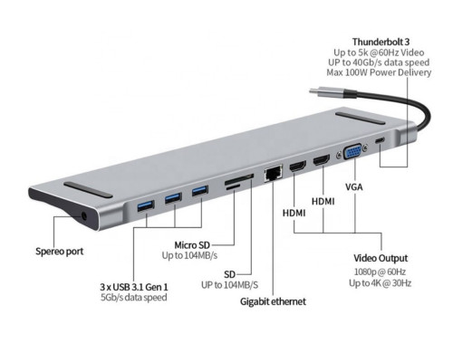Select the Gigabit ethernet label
coord(273,300)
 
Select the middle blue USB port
coord(171,199)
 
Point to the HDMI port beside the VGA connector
coord(320,161)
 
